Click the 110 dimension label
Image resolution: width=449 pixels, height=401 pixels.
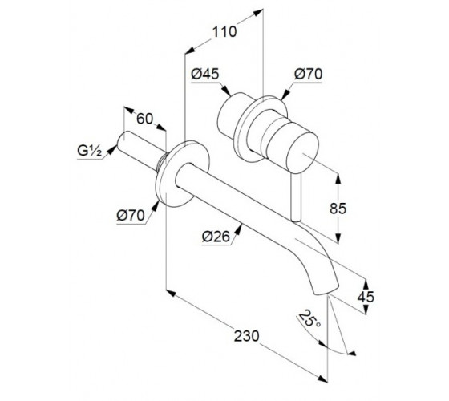pos(224,32)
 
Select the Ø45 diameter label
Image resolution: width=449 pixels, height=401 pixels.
pos(205,74)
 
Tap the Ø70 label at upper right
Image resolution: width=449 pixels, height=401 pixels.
pos(308,74)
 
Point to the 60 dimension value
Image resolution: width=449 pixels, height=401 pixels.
pos(144,119)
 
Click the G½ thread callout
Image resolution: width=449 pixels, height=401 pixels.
pos(89,151)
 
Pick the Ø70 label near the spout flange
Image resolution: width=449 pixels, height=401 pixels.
pos(131,215)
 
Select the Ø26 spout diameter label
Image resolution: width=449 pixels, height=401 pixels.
pos(216,237)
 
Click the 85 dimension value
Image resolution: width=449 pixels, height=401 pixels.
pos(338,209)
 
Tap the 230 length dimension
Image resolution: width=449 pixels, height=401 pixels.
pos(247,336)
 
